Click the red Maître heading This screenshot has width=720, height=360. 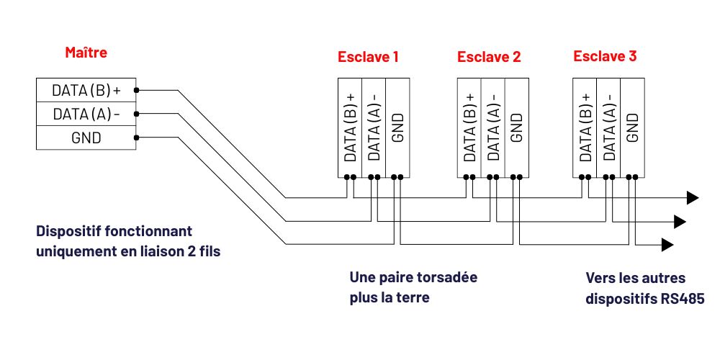pyautogui.click(x=86, y=53)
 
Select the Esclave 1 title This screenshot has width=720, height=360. pyautogui.click(x=368, y=56)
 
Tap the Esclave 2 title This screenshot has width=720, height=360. pyautogui.click(x=489, y=56)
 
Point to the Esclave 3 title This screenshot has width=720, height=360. pyautogui.click(x=605, y=56)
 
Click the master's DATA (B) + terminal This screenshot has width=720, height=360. pyautogui.click(x=86, y=91)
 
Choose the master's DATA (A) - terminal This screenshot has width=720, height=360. pyautogui.click(x=86, y=114)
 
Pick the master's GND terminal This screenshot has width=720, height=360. pyautogui.click(x=86, y=137)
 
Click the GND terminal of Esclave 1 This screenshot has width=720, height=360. pyautogui.click(x=398, y=127)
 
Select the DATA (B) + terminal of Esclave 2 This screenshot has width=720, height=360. pyautogui.click(x=469, y=127)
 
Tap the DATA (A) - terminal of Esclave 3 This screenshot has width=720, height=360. pyautogui.click(x=608, y=127)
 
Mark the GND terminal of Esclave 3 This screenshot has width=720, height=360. pyautogui.click(x=631, y=127)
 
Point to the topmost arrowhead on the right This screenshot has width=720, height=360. pyautogui.click(x=693, y=198)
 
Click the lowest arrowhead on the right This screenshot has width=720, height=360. pyautogui.click(x=669, y=245)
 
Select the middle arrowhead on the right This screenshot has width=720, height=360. pyautogui.click(x=680, y=221)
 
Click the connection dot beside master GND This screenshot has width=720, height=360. pyautogui.click(x=136, y=137)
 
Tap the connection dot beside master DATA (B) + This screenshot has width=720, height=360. pyautogui.click(x=136, y=91)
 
